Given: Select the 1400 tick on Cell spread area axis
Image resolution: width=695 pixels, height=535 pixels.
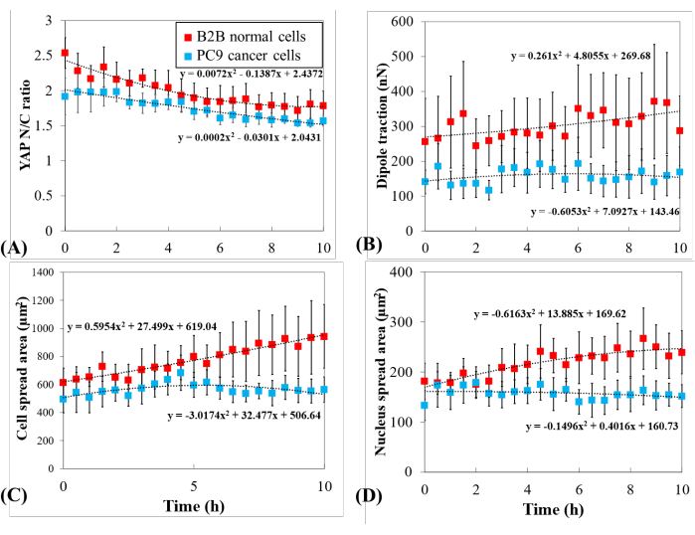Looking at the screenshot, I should click(x=42, y=272).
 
